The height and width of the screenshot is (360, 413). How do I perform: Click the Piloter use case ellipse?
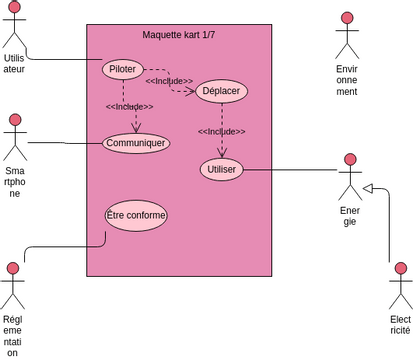pyautogui.click(x=124, y=69)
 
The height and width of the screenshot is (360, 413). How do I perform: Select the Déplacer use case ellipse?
pyautogui.click(x=220, y=91)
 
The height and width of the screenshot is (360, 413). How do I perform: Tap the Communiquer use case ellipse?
pyautogui.click(x=136, y=142)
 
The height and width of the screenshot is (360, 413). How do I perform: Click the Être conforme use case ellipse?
pyautogui.click(x=136, y=215)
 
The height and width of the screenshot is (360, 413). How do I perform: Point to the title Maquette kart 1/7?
pyautogui.click(x=179, y=35)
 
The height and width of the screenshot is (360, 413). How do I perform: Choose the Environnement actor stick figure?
pyautogui.click(x=347, y=36)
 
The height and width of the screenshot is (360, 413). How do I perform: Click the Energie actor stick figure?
pyautogui.click(x=350, y=176)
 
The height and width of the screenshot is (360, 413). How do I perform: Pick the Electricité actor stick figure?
pyautogui.click(x=400, y=285)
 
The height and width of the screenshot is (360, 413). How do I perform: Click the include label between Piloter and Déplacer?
pyautogui.click(x=169, y=81)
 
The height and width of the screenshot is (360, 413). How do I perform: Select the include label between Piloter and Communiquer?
pyautogui.click(x=129, y=107)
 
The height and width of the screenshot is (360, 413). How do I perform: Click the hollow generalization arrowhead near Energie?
pyautogui.click(x=368, y=188)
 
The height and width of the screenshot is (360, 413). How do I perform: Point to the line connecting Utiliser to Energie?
pyautogui.click(x=290, y=170)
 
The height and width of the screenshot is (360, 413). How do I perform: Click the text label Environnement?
pyautogui.click(x=347, y=80)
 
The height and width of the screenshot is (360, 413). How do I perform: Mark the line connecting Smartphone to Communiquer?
pyautogui.click(x=65, y=142)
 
